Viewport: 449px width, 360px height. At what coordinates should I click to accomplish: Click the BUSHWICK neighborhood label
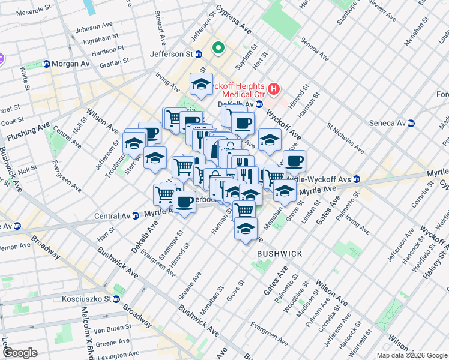[x=279, y=254]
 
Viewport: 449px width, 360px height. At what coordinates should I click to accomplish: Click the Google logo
[x=20, y=353]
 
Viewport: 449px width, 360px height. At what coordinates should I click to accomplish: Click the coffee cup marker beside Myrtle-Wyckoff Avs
[x=294, y=161]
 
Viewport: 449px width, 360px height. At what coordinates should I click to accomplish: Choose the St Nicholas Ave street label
[x=345, y=139]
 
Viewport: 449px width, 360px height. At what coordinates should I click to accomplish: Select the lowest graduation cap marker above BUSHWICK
[x=245, y=229]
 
